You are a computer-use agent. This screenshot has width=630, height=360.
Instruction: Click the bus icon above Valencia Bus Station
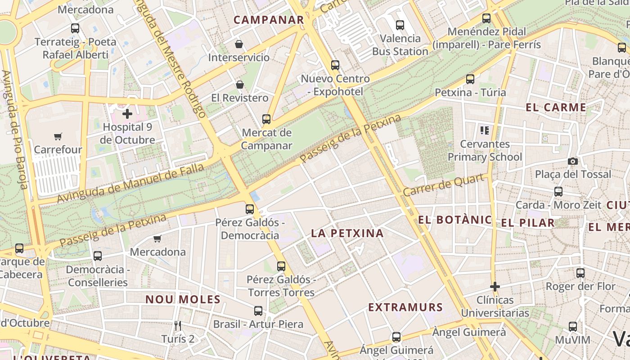400,25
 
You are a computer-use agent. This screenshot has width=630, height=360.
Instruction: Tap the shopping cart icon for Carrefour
58,136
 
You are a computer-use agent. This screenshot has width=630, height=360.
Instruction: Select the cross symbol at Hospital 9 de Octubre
127,114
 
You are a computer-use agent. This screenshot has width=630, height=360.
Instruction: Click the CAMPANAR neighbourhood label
269,20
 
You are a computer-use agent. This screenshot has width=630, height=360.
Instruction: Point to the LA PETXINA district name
347,233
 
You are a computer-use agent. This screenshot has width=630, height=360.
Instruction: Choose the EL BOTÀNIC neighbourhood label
455,220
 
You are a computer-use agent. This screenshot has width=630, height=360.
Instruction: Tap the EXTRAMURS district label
405,307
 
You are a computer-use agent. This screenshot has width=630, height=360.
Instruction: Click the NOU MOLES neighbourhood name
183,299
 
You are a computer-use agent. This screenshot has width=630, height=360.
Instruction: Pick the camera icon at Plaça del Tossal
572,161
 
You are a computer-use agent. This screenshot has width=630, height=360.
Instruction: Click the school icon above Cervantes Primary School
484,131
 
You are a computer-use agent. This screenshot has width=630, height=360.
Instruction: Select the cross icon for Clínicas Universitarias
495,287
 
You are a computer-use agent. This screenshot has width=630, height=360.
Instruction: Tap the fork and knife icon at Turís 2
178,325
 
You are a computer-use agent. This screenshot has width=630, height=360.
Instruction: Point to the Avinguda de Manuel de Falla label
130,183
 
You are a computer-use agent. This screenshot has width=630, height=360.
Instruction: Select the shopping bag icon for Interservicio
239,44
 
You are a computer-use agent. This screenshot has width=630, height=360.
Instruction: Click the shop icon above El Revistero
240,85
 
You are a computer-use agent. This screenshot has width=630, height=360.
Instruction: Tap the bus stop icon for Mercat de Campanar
266,119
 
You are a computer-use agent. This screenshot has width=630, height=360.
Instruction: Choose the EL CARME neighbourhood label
556,108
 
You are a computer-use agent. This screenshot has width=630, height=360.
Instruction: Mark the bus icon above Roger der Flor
580,273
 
